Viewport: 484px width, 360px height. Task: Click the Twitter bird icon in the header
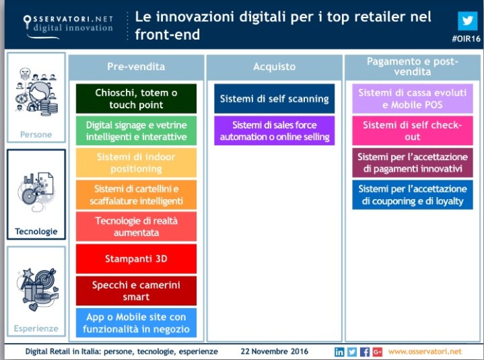coord(466,20)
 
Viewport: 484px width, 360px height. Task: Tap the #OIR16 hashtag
coord(465,40)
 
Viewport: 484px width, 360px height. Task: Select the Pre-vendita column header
coord(136,67)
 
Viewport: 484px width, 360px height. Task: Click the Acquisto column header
coord(274,67)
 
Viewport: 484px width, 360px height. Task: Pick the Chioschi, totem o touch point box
coord(136,98)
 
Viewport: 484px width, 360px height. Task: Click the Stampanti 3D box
coord(136,258)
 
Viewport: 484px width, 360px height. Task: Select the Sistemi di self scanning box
coord(274,98)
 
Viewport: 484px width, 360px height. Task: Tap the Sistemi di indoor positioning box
coord(136,162)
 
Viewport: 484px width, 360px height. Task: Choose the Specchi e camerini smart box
coord(136,291)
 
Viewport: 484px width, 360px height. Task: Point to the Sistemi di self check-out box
coord(412,131)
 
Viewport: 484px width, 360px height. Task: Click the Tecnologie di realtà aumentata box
coord(136,226)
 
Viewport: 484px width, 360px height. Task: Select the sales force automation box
coord(274,131)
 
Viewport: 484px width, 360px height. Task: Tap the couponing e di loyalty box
coord(412,194)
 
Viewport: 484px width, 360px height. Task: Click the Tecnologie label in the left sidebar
coord(36,231)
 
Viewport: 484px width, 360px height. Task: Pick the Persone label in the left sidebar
coord(36,135)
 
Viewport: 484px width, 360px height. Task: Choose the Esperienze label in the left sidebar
coord(36,328)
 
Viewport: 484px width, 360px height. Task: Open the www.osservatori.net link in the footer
coord(425,351)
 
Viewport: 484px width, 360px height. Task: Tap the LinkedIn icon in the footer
coord(339,351)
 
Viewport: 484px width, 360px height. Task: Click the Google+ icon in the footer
coord(377,351)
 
